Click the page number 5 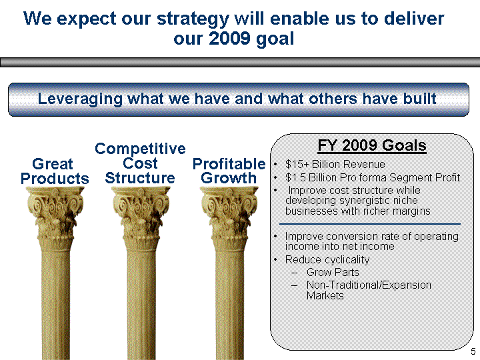[x=473, y=351]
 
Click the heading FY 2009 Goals [x=372, y=145]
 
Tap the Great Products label [x=55, y=171]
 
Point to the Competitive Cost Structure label [x=140, y=163]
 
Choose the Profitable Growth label [x=229, y=171]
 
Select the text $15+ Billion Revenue [x=335, y=165]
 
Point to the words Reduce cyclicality [x=327, y=260]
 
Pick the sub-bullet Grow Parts [x=333, y=272]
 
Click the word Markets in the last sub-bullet [x=325, y=296]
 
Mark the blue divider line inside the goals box [x=370, y=224]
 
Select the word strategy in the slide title [x=193, y=19]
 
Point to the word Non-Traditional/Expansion [x=369, y=285]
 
